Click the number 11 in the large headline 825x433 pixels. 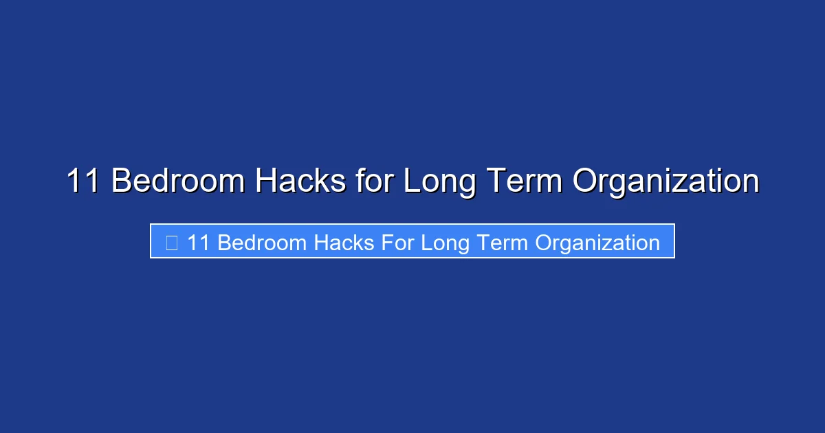coord(83,181)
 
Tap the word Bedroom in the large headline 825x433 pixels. coord(177,181)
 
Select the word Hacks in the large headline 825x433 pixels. coord(300,181)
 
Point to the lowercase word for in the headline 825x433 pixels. coord(374,181)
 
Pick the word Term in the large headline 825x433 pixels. coord(525,181)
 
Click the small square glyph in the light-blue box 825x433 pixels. coord(172,242)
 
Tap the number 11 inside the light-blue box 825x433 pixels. coord(198,243)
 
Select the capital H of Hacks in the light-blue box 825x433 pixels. coord(321,243)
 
